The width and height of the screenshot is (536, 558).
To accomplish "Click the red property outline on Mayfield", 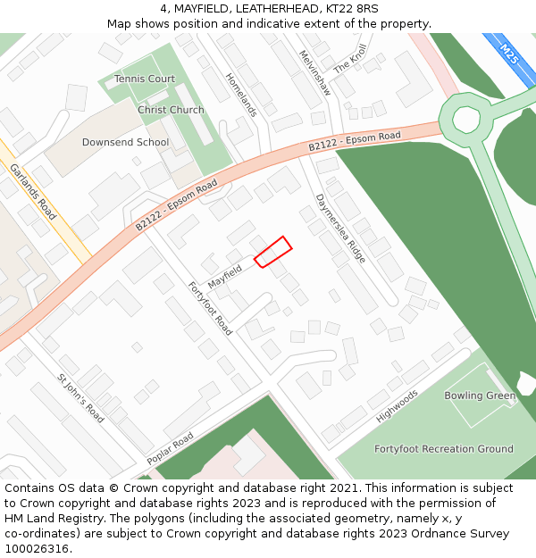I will tap(273, 252).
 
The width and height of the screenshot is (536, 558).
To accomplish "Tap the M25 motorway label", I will tap(509, 54).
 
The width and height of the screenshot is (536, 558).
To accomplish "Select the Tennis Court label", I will tap(145, 79).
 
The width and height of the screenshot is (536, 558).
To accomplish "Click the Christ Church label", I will tap(171, 110).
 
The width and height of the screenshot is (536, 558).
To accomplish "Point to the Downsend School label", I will tap(125, 142).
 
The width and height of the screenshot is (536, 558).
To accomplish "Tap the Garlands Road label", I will tap(33, 192).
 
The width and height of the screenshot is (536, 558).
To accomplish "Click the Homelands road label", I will tap(241, 95).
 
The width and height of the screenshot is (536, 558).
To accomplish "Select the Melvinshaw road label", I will tap(314, 72).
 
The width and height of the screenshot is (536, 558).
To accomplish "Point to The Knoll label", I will tap(350, 59).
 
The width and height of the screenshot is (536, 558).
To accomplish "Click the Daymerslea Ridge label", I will tap(340, 228).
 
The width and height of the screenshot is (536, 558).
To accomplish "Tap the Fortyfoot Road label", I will tap(210, 309).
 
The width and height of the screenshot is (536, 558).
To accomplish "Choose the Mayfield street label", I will tap(225, 275).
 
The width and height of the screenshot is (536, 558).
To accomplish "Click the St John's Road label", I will tap(81, 398).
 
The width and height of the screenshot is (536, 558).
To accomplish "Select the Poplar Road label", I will tap(170, 449).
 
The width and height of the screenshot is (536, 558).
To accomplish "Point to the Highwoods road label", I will tap(397, 406).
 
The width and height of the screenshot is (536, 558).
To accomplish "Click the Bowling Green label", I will tap(480, 396).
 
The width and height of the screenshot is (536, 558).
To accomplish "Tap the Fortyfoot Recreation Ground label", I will tap(444, 449).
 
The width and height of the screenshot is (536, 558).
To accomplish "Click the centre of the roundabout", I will tap(466, 118).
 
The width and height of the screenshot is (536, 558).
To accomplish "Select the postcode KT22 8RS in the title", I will tap(352, 9).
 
